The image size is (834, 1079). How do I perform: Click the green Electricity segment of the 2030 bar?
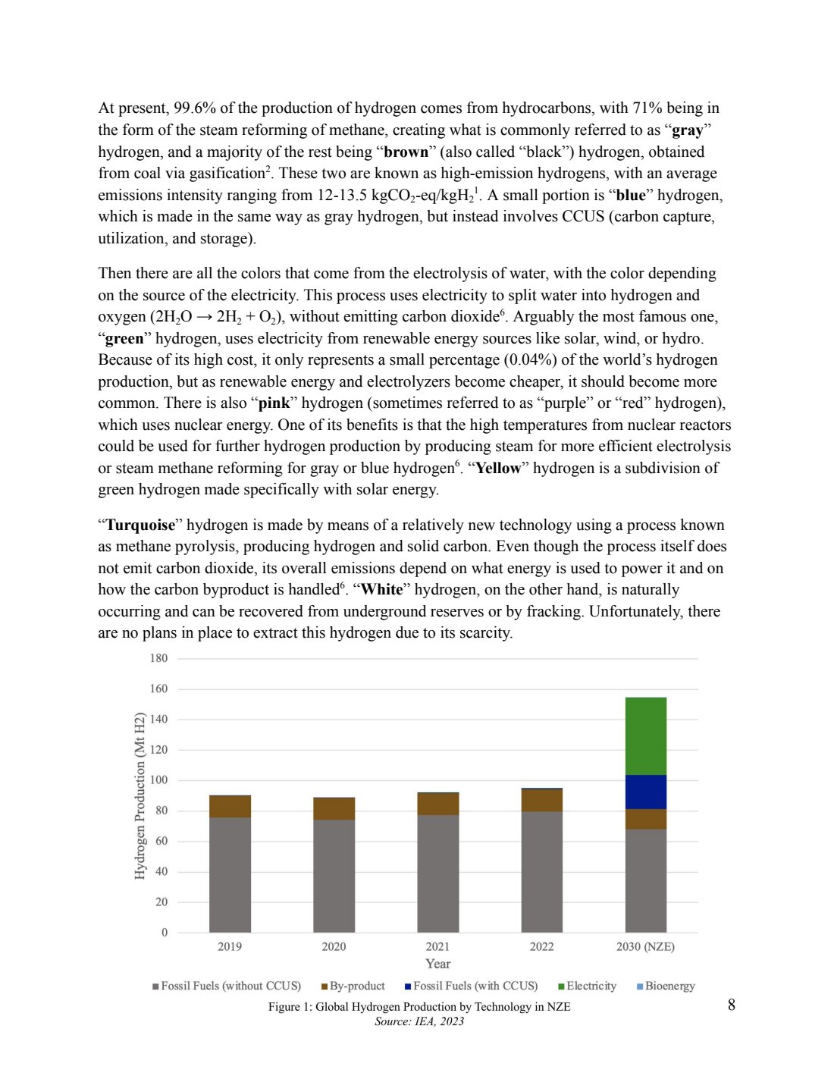point(645,736)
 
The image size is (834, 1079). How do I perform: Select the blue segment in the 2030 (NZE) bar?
point(645,792)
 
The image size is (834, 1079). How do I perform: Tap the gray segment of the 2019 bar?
point(230,874)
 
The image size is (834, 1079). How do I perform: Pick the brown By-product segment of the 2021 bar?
point(437,804)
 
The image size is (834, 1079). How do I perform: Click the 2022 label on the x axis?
point(541,946)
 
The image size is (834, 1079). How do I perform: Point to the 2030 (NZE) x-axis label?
point(645,946)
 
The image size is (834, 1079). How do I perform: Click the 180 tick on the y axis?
point(158,658)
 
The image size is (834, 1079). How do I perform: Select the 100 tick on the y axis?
point(158,779)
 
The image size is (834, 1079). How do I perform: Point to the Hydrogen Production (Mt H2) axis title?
point(140,795)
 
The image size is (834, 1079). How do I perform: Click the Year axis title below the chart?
point(437,964)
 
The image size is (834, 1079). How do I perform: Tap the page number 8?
point(731,1005)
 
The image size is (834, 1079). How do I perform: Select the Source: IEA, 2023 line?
point(419,1021)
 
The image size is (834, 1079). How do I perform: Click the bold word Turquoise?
point(140,525)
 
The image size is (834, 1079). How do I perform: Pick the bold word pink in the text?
point(274,403)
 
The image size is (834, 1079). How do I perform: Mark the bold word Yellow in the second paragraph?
point(498,468)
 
